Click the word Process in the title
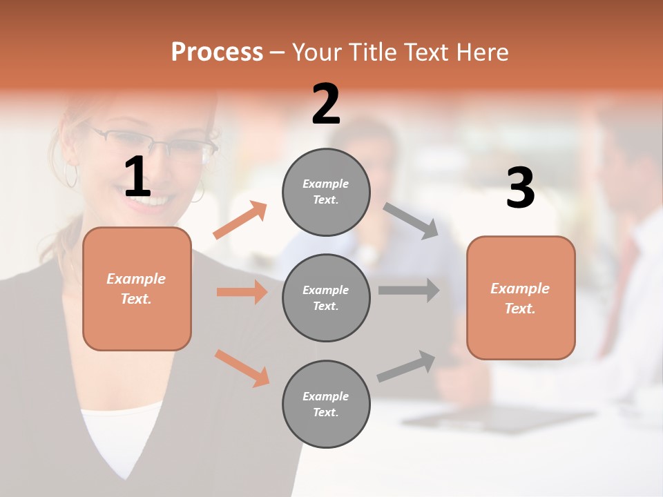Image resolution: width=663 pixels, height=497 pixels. (x=217, y=52)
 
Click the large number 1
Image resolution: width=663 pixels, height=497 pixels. (x=137, y=177)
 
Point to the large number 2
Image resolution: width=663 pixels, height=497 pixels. (x=326, y=104)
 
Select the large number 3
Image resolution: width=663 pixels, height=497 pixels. (x=520, y=188)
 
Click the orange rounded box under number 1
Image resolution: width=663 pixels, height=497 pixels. (x=137, y=289)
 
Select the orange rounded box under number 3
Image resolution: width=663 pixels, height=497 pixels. (x=521, y=298)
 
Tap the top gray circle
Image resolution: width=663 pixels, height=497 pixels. (x=326, y=192)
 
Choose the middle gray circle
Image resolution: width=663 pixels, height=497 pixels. (x=326, y=298)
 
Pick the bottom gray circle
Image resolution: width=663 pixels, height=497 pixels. (x=326, y=404)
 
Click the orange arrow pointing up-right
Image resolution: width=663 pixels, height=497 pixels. (x=240, y=220)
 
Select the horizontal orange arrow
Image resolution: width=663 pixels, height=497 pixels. (x=242, y=292)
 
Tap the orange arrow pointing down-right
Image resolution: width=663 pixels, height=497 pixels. (x=242, y=368)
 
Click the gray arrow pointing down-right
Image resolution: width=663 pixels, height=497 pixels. (x=411, y=220)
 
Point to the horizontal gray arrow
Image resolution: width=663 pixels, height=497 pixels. (x=408, y=290)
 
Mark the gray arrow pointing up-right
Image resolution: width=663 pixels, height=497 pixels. (x=407, y=366)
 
